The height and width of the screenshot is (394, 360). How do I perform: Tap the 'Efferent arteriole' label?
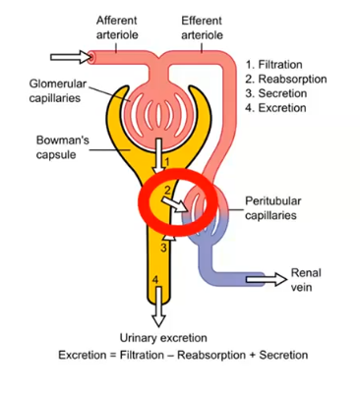tap(202, 28)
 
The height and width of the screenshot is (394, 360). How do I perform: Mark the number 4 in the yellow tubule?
tap(155, 281)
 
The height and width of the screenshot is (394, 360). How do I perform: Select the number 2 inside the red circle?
tap(168, 189)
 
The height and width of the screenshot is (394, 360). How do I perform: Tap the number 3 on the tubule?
tap(163, 249)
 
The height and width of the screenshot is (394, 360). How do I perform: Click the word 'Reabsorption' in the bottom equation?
tap(209, 355)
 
